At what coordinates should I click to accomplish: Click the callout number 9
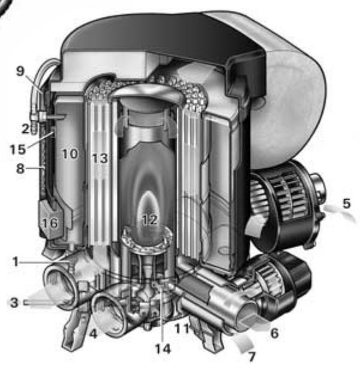click(x=20, y=71)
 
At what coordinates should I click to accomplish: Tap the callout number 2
click(x=26, y=129)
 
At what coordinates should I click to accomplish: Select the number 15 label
click(x=18, y=149)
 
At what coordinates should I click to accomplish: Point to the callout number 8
click(x=20, y=168)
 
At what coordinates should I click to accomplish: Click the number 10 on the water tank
click(x=70, y=154)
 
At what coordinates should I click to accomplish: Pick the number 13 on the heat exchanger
click(x=100, y=159)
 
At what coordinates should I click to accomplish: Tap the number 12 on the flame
click(x=150, y=220)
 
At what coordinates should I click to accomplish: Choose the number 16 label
click(x=50, y=223)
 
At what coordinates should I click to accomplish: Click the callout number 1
click(x=16, y=261)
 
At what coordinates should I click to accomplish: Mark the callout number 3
click(x=14, y=302)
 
